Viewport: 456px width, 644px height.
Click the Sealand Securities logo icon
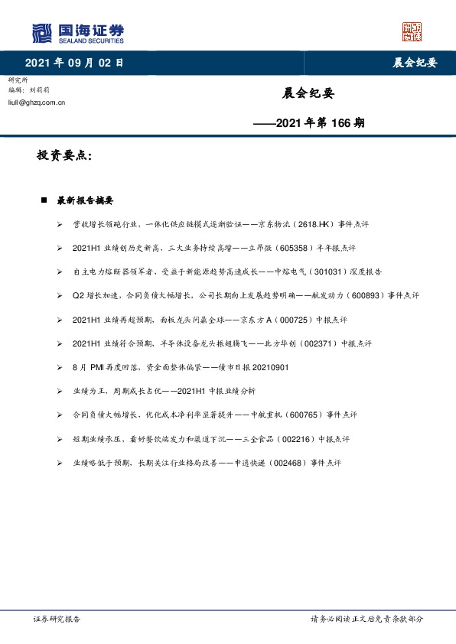[x=43, y=33]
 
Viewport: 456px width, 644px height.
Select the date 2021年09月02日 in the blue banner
[x=73, y=63]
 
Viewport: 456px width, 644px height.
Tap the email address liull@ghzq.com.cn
[x=36, y=101]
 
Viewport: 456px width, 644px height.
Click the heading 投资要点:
[x=64, y=155]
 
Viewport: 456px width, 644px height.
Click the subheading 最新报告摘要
[x=85, y=200]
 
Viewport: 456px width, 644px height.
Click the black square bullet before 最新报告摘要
[x=44, y=200]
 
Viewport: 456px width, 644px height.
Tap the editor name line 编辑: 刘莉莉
[x=31, y=89]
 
